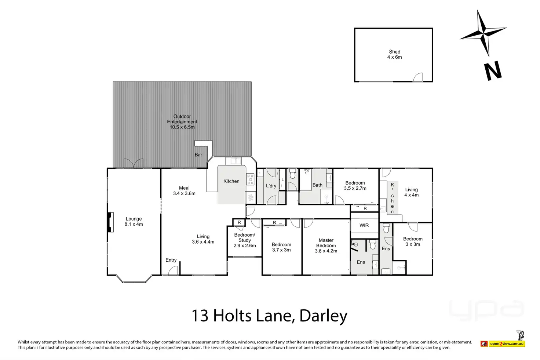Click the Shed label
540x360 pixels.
click(x=395, y=54)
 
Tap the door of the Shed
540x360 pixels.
click(x=418, y=77)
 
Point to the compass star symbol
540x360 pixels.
click(x=484, y=33)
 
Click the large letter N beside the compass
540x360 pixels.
click(x=493, y=71)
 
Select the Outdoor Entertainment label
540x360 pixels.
click(x=182, y=122)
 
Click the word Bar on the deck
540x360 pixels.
click(x=198, y=155)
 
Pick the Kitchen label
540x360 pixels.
click(x=231, y=181)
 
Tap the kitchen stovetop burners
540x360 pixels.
click(x=250, y=179)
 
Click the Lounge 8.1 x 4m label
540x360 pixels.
click(x=134, y=222)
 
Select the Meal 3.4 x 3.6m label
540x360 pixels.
click(x=184, y=191)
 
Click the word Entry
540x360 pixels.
click(x=171, y=260)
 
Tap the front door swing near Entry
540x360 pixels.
click(x=173, y=270)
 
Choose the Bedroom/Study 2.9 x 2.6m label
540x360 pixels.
click(x=245, y=240)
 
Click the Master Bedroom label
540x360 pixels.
click(x=326, y=246)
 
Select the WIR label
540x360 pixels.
click(x=364, y=225)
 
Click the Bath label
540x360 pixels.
click(x=317, y=185)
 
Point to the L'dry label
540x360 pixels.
click(x=271, y=186)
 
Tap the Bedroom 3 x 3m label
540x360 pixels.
click(x=413, y=241)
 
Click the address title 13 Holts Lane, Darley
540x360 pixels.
click(x=270, y=316)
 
